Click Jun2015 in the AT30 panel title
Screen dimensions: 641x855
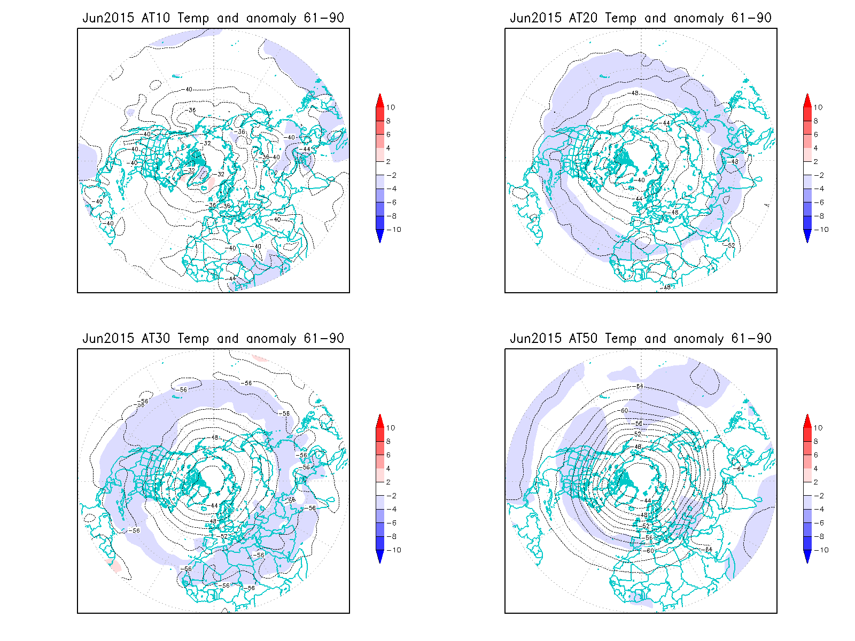point(108,339)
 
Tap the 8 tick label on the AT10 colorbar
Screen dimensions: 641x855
point(388,121)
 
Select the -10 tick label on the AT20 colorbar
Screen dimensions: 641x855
point(821,230)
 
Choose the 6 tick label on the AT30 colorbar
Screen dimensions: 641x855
point(388,455)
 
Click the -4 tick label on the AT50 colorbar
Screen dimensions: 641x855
point(819,510)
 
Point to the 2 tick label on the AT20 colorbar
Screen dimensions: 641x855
point(816,162)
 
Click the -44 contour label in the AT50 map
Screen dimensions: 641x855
point(647,501)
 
